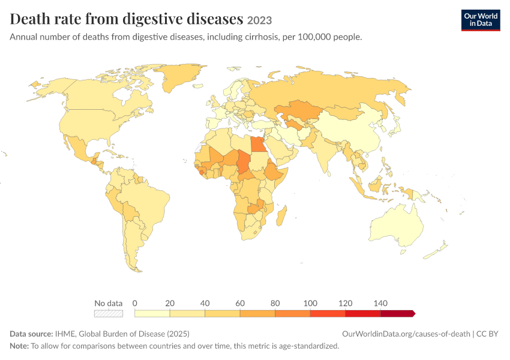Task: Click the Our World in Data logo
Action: pyautogui.click(x=481, y=20)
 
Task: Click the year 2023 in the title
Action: pyautogui.click(x=259, y=20)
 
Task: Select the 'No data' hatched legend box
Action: pyautogui.click(x=109, y=313)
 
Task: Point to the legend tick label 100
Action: pyautogui.click(x=310, y=304)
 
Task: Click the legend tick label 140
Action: pyautogui.click(x=380, y=304)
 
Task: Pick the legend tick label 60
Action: pyautogui.click(x=240, y=304)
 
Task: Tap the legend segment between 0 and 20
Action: pyautogui.click(x=152, y=313)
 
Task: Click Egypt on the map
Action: pyautogui.click(x=259, y=144)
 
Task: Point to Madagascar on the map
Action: pyautogui.click(x=281, y=215)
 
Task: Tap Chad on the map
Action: pyautogui.click(x=244, y=163)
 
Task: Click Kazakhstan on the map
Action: pyautogui.click(x=299, y=110)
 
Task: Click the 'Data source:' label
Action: pyautogui.click(x=31, y=334)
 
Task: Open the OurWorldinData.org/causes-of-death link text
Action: pyautogui.click(x=406, y=334)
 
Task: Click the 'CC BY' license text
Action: pyautogui.click(x=487, y=334)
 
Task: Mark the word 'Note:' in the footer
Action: pyautogui.click(x=19, y=346)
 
